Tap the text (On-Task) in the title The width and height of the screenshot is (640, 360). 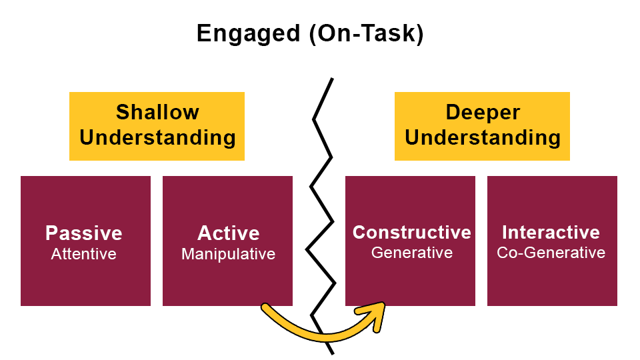[366, 34]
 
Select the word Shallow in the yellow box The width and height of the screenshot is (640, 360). [157, 112]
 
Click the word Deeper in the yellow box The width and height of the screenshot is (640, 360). [482, 112]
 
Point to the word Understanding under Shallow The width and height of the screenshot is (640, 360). [157, 138]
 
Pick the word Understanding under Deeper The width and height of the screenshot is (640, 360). [482, 138]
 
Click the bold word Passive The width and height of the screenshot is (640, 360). [84, 233]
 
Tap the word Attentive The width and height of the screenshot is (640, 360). [84, 254]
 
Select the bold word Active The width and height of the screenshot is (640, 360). [228, 233]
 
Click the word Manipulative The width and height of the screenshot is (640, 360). [228, 254]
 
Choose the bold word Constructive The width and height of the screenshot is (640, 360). [411, 232]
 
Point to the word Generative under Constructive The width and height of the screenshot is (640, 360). [411, 253]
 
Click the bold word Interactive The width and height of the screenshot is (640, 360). [551, 232]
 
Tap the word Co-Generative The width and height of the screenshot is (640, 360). [551, 253]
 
